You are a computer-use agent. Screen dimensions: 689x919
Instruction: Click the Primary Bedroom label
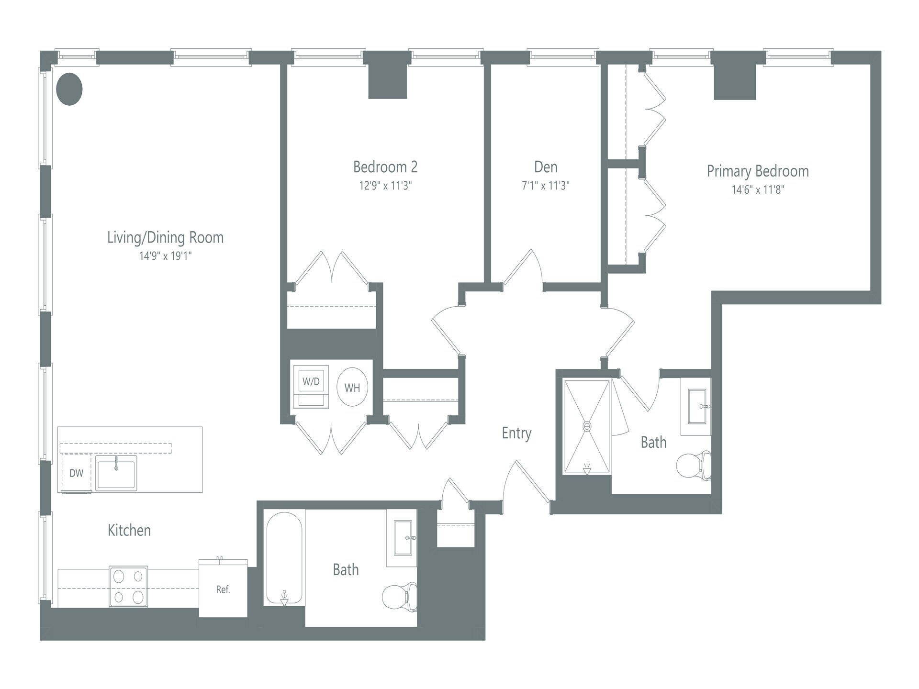pos(758,171)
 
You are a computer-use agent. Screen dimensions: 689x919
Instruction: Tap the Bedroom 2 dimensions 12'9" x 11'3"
pos(385,186)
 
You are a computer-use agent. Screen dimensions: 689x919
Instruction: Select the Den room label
pos(546,167)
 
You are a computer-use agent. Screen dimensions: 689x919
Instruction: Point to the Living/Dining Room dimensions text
pos(165,256)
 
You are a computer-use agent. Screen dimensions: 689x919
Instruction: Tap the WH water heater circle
pos(352,388)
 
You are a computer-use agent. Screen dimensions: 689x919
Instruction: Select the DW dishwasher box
pos(76,473)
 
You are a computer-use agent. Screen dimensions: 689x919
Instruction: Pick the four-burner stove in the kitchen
pos(128,586)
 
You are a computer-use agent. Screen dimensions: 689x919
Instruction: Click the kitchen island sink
pos(116,473)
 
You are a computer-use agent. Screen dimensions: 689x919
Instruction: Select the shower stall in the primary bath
pos(587,426)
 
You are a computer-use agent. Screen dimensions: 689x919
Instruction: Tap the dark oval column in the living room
pos(69,89)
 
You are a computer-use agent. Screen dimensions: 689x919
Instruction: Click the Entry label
pos(516,433)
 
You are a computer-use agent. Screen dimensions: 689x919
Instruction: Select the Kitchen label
pos(129,530)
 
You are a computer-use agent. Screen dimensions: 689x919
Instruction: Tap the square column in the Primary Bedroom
pos(735,81)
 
